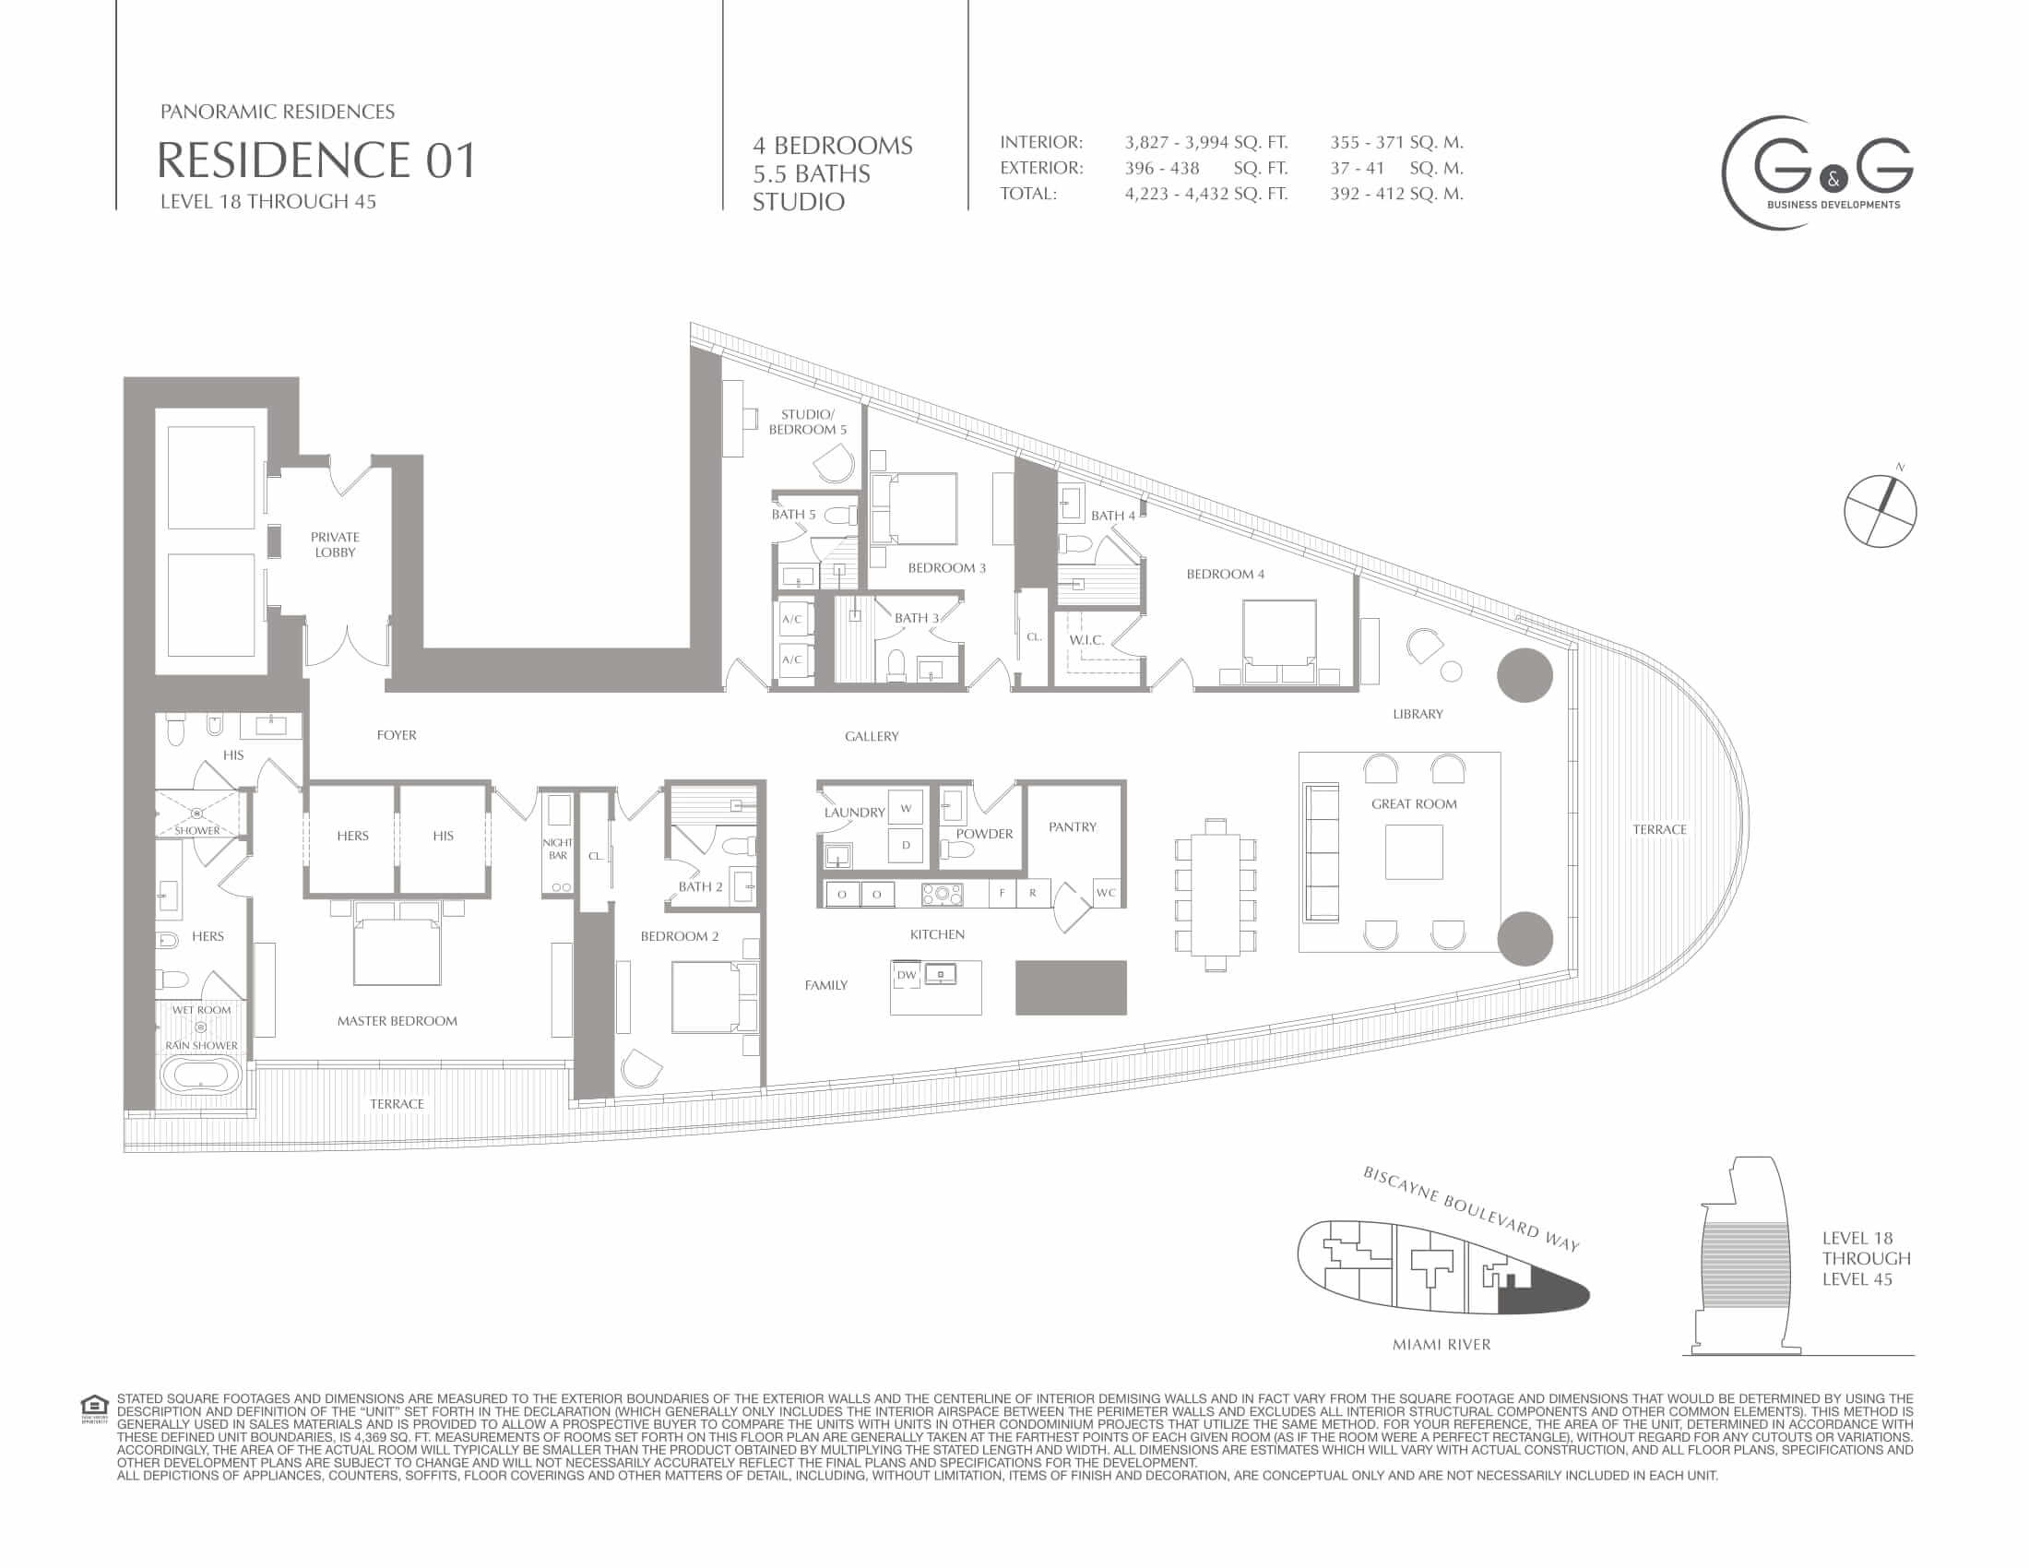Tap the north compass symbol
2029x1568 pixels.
pos(1880,509)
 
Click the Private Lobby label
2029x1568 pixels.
pos(335,544)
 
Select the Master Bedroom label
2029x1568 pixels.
pos(397,1021)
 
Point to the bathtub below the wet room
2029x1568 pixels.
pos(202,1075)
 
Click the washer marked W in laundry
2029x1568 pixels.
pos(906,808)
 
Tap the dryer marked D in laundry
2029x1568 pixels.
pos(906,845)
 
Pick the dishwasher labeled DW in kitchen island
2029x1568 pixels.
pos(906,974)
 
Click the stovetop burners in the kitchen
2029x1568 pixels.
pos(942,894)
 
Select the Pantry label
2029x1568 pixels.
pos(1072,826)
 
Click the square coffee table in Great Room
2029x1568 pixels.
pos(1414,852)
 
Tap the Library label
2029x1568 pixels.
pos(1418,714)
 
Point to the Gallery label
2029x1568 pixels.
pos(872,737)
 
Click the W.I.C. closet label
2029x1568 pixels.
pos(1086,640)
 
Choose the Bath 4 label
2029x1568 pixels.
pos(1113,516)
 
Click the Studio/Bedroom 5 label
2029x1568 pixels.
pos(807,422)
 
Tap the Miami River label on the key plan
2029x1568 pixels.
pos(1441,1344)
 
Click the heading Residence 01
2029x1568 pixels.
pos(316,160)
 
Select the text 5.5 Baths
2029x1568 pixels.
pos(811,173)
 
